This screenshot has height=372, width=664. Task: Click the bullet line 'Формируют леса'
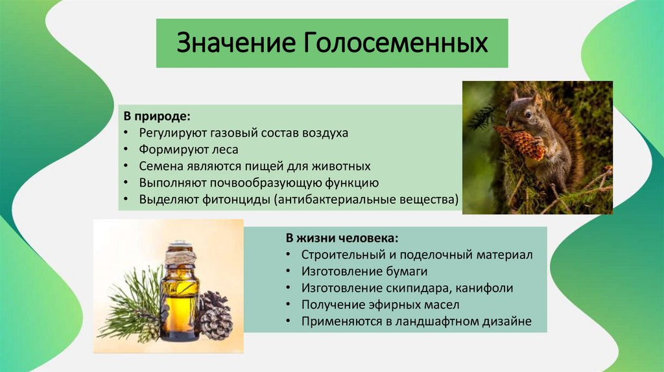(188, 149)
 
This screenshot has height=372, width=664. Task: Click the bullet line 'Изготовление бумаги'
(364, 271)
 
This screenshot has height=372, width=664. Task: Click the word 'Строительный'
(339, 254)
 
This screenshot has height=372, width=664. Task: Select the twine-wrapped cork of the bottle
(179, 255)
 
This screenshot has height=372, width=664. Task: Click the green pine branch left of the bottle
(133, 305)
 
